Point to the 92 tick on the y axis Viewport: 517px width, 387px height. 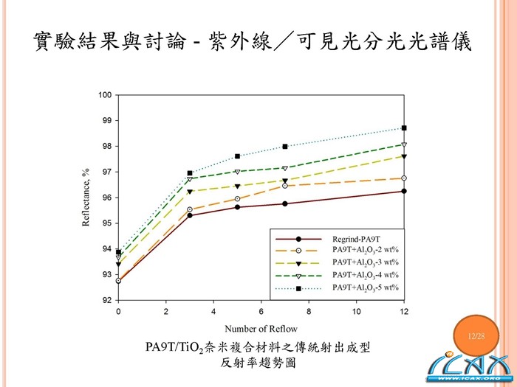107,301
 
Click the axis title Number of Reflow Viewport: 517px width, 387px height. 261,329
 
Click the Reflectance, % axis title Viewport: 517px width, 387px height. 86,198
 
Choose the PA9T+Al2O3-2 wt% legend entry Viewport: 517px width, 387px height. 366,251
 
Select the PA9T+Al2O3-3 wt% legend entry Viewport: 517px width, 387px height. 366,262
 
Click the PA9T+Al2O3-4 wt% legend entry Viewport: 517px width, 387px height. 366,274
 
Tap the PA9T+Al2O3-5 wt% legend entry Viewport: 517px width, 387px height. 366,286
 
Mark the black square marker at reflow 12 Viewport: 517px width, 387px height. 404,128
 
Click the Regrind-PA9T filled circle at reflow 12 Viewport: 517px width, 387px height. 404,191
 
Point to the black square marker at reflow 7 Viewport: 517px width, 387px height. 285,146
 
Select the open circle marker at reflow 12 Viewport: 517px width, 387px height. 404,178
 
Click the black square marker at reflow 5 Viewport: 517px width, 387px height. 237,156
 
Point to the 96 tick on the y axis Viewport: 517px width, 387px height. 107,198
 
